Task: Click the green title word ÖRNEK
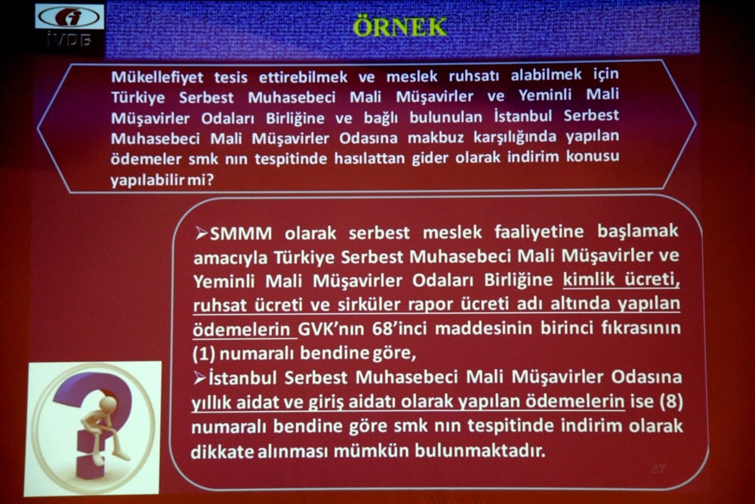pos(399,26)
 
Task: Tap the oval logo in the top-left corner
pos(69,17)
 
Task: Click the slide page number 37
pos(658,469)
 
